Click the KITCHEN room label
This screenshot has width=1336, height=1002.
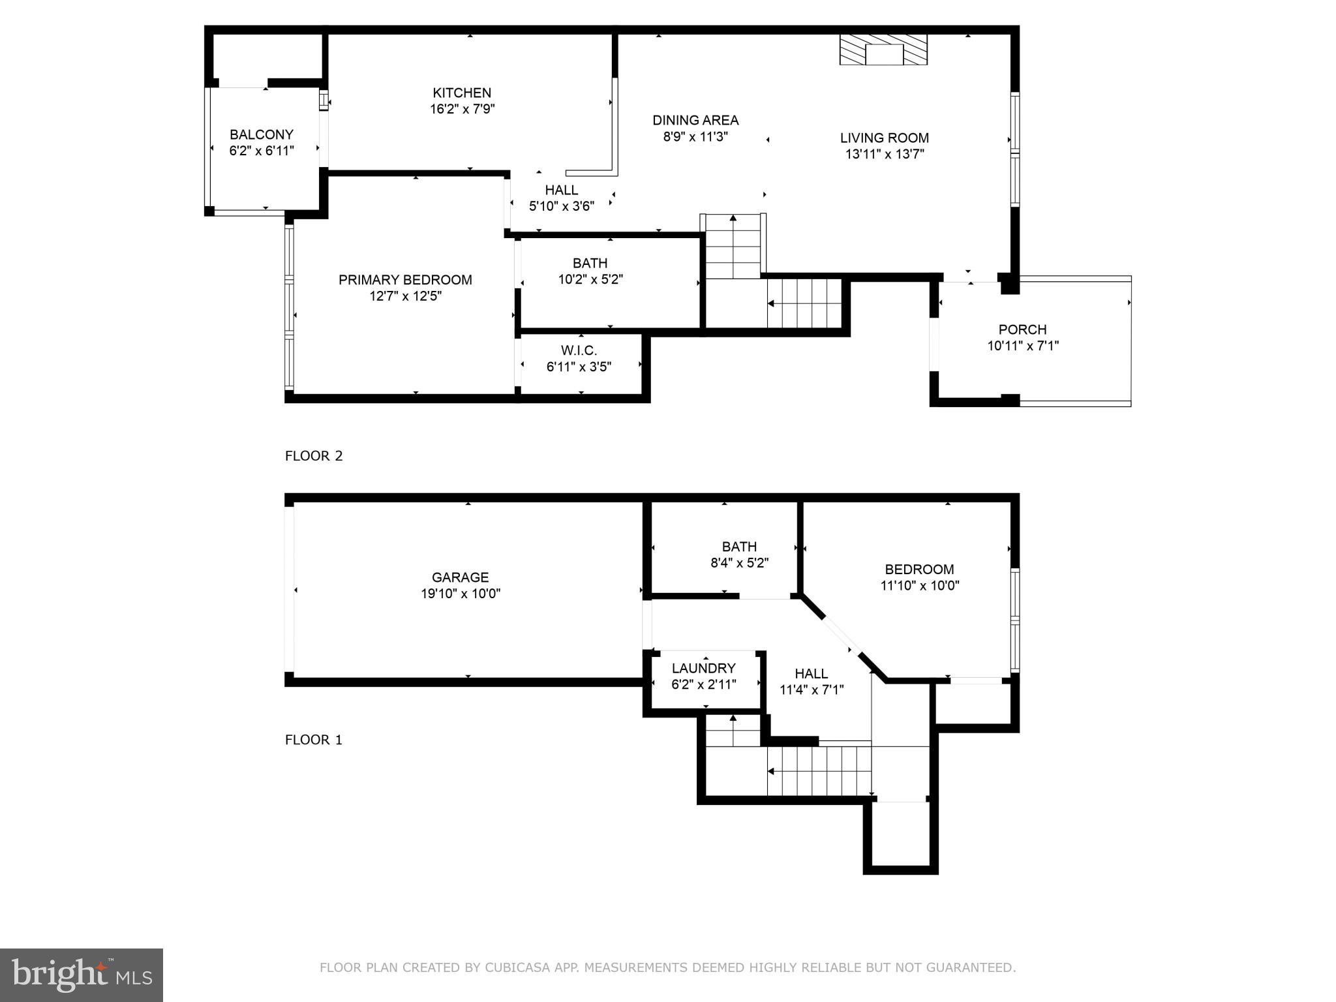462,93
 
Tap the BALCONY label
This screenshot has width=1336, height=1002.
261,134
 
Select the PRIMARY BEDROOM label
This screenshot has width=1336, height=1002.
405,280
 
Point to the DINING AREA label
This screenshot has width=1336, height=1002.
695,120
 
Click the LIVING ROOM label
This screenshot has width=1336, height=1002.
884,138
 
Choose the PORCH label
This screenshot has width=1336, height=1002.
1022,329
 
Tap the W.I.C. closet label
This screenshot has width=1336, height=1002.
579,351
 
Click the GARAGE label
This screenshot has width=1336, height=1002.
460,577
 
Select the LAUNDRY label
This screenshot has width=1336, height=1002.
703,668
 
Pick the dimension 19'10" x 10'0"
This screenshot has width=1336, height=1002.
460,594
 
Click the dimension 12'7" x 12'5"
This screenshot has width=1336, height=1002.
405,296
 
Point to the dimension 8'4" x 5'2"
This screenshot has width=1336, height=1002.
739,563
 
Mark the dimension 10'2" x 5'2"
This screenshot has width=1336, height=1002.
590,279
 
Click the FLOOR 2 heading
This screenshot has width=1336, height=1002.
314,456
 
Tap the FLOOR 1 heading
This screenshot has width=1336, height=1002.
314,740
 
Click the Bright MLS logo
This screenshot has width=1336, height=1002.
82,975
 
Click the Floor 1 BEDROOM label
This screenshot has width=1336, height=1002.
919,569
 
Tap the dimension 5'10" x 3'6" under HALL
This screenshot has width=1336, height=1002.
561,206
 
